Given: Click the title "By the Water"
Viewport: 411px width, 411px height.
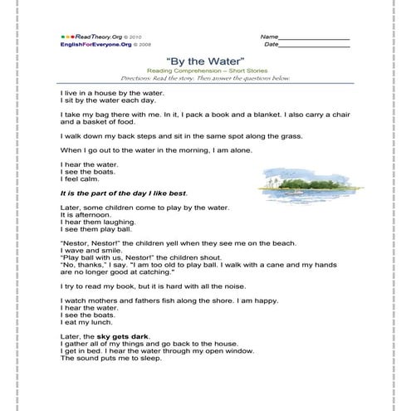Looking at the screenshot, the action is pyautogui.click(x=204, y=61).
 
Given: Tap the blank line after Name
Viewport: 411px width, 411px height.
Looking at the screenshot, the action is pyautogui.click(x=315, y=37).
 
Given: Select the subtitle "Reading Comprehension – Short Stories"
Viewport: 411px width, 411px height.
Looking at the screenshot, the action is pyautogui.click(x=204, y=71).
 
